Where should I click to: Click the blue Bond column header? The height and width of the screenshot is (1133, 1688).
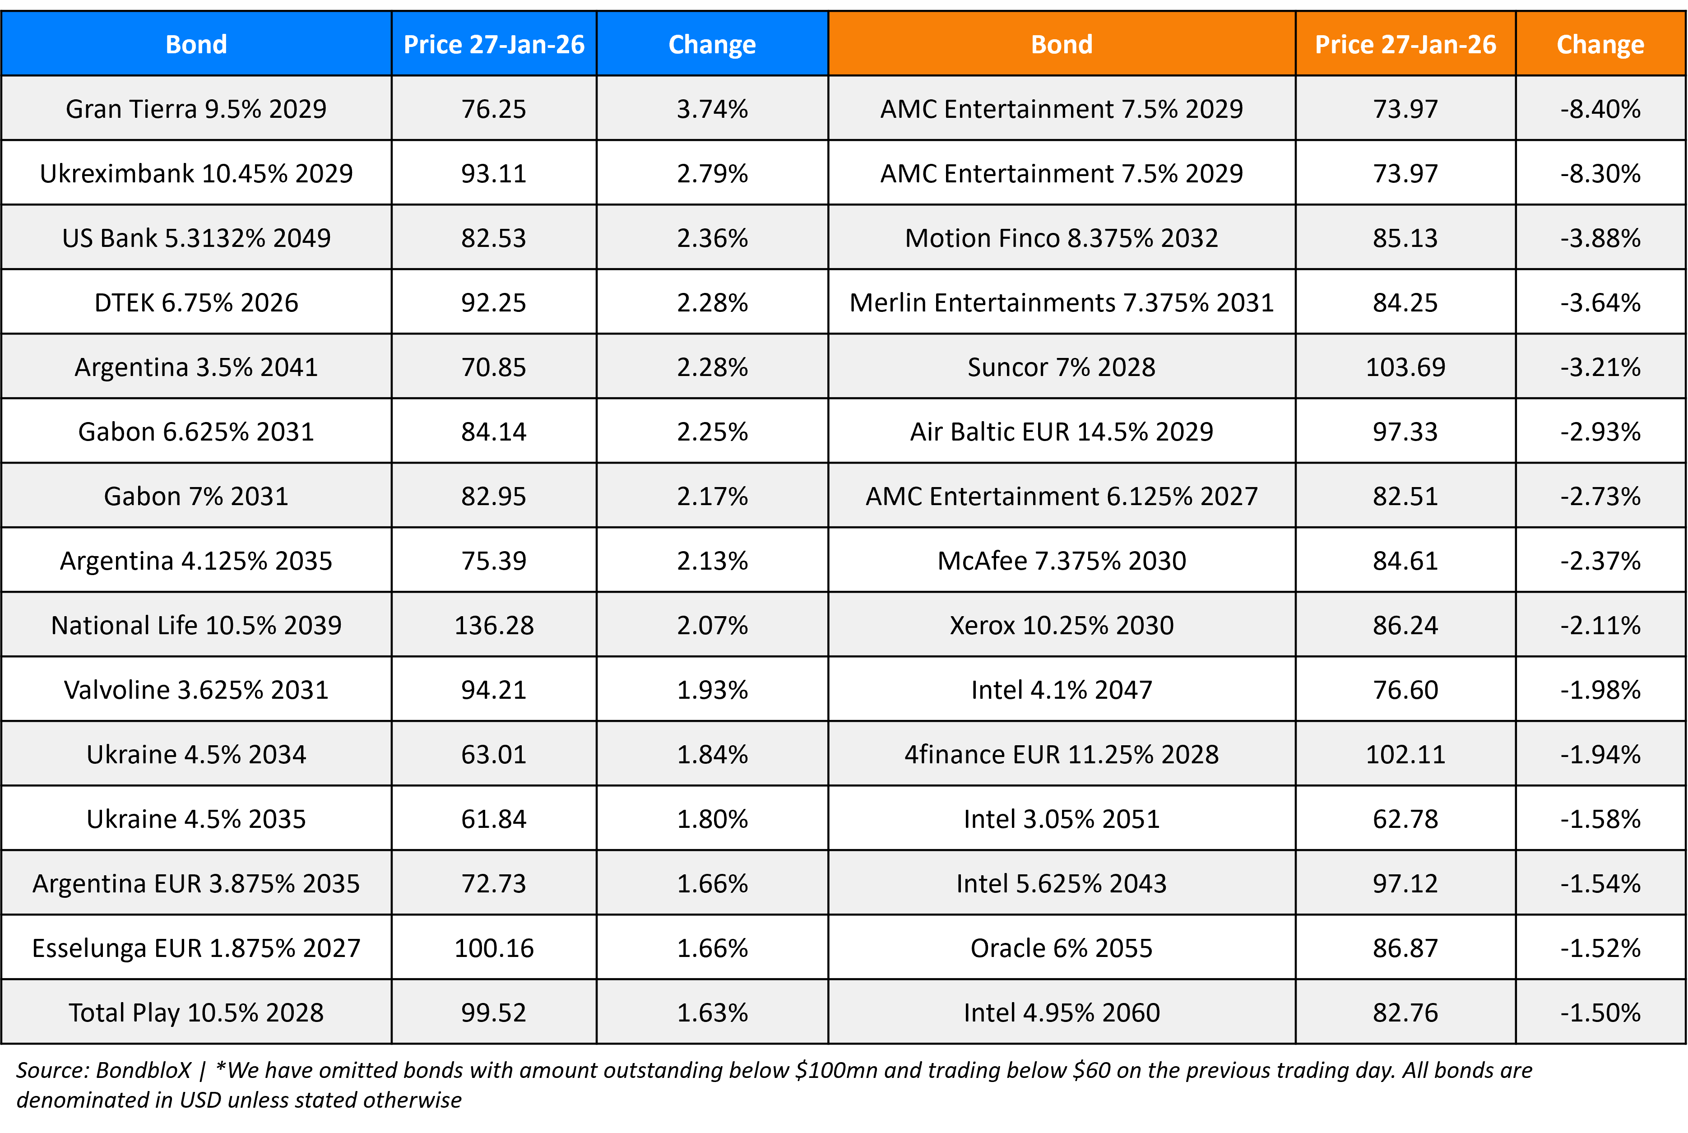(x=196, y=45)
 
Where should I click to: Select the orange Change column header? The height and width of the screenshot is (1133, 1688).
(x=1600, y=45)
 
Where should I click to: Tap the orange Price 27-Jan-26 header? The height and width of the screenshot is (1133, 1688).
(x=1405, y=45)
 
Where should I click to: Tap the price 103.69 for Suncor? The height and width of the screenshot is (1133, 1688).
(x=1405, y=367)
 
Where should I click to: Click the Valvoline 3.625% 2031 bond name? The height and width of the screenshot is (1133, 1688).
(x=196, y=689)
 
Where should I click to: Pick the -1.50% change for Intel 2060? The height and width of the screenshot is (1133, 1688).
(x=1600, y=1012)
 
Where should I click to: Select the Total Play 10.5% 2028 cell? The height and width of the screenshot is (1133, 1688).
(x=196, y=1012)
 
